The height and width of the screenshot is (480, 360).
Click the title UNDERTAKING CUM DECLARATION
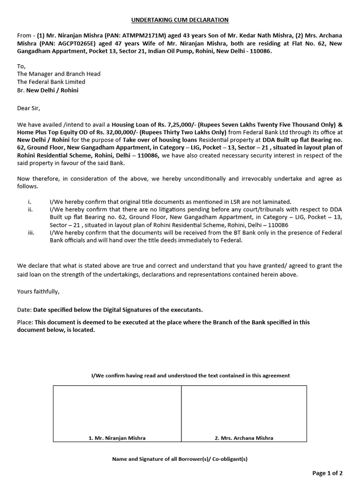180,20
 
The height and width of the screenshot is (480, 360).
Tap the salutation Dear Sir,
29,108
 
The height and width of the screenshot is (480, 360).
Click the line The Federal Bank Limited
51,82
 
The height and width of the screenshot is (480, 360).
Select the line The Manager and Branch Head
59,74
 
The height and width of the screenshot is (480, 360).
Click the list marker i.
30,201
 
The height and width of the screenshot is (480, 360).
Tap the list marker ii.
30,209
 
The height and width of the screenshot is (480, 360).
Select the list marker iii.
31,232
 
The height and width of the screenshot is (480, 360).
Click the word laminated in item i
277,201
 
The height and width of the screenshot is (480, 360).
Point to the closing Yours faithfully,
38,291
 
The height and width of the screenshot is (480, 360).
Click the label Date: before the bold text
24,310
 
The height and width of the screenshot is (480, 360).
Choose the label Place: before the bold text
25,322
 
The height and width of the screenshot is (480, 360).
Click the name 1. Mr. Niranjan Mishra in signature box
117,438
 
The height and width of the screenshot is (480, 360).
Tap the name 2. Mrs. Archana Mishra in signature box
244,438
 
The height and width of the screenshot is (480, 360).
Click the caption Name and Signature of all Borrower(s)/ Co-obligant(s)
180,459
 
